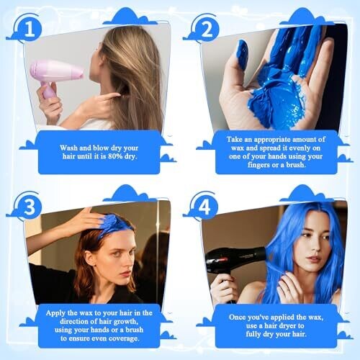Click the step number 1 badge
(x=30, y=29)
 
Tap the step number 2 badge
(x=207, y=29)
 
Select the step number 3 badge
(x=30, y=206)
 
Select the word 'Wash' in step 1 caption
(x=68, y=148)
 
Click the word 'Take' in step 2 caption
(x=234, y=140)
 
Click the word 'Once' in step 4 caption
(x=237, y=318)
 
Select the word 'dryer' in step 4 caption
(x=286, y=326)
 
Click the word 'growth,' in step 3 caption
(x=125, y=322)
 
